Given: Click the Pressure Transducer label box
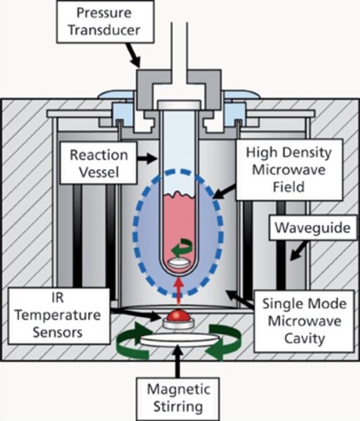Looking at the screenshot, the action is (105, 22).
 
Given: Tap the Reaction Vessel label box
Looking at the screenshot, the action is (98, 163).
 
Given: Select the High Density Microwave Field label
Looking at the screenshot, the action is (289, 169).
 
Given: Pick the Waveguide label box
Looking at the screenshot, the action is (312, 227).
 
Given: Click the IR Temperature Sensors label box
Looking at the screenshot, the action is (59, 316).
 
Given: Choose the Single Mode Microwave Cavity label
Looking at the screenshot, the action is (305, 321).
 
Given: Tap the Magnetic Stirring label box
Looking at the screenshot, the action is (178, 399).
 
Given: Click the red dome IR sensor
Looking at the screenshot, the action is (178, 316).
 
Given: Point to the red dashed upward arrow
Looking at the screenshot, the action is (178, 292).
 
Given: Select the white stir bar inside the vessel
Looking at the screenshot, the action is (179, 263).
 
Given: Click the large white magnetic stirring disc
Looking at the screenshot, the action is (180, 340).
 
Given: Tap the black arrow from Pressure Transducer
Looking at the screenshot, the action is (133, 55).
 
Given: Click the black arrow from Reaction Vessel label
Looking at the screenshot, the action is (147, 159).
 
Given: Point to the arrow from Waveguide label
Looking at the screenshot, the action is (298, 250).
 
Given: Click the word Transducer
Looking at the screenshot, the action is (104, 29).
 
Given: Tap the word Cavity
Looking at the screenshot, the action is (305, 338).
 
